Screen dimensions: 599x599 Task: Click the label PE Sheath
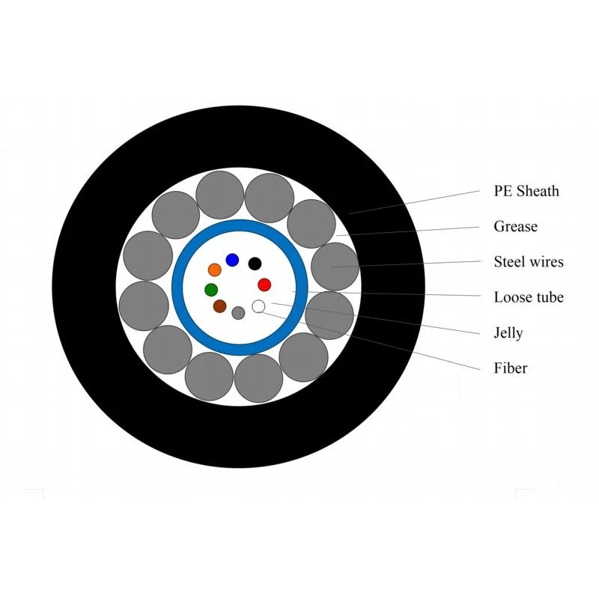(x=526, y=191)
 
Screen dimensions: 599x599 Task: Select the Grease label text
(x=515, y=227)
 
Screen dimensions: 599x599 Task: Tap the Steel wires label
(x=529, y=261)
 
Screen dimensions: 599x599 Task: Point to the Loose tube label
(x=529, y=297)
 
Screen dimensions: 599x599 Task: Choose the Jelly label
(x=508, y=333)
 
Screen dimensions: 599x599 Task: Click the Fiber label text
(x=511, y=368)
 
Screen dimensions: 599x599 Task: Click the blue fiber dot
(x=232, y=260)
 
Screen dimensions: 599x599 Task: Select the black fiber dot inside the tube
(x=255, y=264)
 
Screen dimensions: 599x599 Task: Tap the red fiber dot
(x=264, y=285)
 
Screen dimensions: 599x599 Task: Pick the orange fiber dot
(x=215, y=270)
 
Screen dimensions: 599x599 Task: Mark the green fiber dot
(x=211, y=290)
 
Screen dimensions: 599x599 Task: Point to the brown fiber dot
(x=219, y=306)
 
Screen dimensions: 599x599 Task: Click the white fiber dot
(x=258, y=306)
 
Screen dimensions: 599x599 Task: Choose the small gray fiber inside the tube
(x=238, y=313)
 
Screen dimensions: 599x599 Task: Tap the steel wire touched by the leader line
(x=335, y=267)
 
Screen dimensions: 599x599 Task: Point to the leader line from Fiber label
(x=370, y=341)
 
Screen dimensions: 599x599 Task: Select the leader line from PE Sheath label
(x=415, y=202)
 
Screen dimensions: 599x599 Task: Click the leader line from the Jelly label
(x=376, y=318)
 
